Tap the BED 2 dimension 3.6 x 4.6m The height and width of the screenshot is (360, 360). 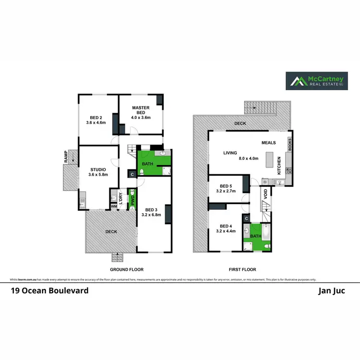96,122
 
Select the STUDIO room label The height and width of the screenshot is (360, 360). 98,169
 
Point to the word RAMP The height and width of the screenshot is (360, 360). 66,156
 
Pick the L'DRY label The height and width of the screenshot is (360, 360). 121,198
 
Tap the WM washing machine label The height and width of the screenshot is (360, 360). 114,207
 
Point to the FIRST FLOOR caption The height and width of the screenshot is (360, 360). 243,270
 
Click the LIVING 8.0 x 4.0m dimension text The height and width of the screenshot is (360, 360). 249,158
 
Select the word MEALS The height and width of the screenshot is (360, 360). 269,143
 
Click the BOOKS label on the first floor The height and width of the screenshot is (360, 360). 289,144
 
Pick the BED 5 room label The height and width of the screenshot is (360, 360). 226,186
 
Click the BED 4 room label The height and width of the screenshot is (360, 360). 226,226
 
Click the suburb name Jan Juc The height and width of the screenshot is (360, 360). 331,290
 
